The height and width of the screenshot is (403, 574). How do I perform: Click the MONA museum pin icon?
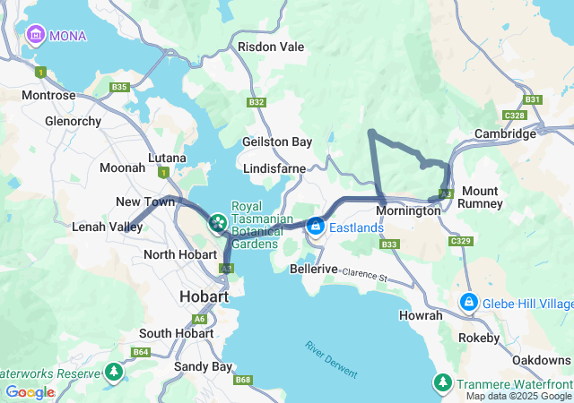point(36,35)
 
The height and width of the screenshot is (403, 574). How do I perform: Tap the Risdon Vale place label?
point(270,47)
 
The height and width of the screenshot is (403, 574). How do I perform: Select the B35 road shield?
point(119,87)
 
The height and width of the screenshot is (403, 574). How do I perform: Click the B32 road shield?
point(257,102)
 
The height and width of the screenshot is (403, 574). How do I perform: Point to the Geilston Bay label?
point(277,141)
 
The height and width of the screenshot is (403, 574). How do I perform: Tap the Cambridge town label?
point(505,134)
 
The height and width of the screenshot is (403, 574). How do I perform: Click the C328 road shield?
point(515,116)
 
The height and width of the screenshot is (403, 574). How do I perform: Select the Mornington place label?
point(408,211)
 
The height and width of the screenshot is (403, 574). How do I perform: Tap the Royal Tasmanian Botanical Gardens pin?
point(217,221)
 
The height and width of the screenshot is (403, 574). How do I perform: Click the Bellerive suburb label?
point(314,269)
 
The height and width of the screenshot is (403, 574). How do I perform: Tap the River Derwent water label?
point(331,359)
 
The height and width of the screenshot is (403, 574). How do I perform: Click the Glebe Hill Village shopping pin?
point(467,302)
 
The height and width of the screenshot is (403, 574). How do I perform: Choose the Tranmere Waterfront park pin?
point(442,382)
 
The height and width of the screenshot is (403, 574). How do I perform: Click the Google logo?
point(30,392)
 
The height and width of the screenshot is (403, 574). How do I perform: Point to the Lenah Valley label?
point(107,227)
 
